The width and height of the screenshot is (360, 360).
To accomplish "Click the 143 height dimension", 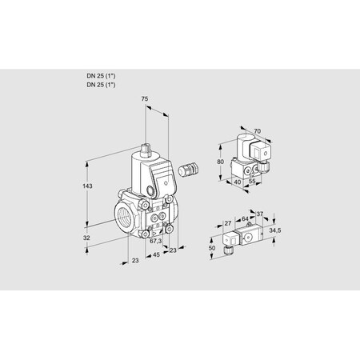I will (x=88, y=186).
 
